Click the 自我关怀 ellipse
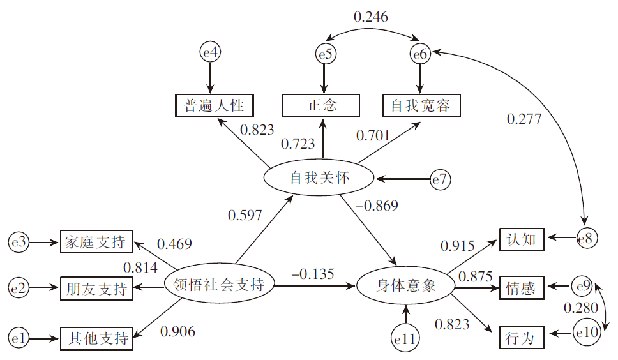(x=319, y=178)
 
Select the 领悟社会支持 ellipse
(x=219, y=284)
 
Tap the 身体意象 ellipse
(x=405, y=285)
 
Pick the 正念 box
(x=322, y=105)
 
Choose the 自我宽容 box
(x=421, y=105)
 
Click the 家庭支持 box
(x=96, y=242)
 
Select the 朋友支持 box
(x=96, y=288)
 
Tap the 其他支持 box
(x=96, y=338)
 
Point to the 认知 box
(x=522, y=240)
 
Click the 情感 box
(x=522, y=287)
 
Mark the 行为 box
(x=522, y=337)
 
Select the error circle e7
(x=440, y=180)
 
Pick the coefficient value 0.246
(x=371, y=17)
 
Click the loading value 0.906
(x=177, y=331)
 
